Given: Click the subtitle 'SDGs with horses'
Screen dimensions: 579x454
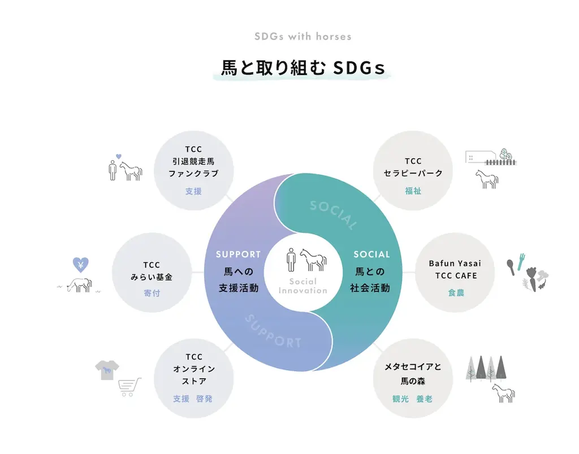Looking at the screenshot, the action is (x=303, y=37).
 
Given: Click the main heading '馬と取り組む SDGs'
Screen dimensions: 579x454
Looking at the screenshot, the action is (x=303, y=67).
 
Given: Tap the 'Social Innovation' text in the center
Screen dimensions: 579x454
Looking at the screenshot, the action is (x=303, y=286).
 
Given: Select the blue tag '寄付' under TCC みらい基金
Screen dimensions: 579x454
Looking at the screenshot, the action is (x=152, y=293).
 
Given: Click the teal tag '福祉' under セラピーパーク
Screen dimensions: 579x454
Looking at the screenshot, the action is (x=413, y=191).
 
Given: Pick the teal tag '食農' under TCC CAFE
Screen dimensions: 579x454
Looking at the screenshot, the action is (x=456, y=293).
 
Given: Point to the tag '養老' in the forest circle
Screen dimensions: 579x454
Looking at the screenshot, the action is (x=424, y=399).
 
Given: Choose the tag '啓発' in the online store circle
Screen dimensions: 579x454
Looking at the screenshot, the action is (x=204, y=399).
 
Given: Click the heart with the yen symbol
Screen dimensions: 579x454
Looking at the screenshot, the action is (x=80, y=264).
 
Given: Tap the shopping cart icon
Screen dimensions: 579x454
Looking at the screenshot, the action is (x=129, y=387).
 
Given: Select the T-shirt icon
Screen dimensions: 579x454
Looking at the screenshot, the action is (x=107, y=370).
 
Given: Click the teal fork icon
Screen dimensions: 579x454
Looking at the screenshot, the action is (x=521, y=262).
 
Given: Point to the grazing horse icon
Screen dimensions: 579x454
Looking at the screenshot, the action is (x=79, y=285).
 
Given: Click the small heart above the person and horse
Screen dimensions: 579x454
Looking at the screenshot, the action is (x=119, y=157).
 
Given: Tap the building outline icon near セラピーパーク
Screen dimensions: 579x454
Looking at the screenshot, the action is (x=481, y=157).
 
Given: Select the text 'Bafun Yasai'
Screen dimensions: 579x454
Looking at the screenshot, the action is (x=455, y=263).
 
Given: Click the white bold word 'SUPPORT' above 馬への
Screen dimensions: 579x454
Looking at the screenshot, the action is (x=238, y=254).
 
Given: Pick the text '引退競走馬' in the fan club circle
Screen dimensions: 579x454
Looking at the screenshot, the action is (x=193, y=161).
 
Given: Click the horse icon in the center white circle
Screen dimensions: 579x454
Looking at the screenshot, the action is (x=313, y=260).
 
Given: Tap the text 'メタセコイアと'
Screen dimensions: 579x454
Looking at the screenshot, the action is (x=413, y=367).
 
